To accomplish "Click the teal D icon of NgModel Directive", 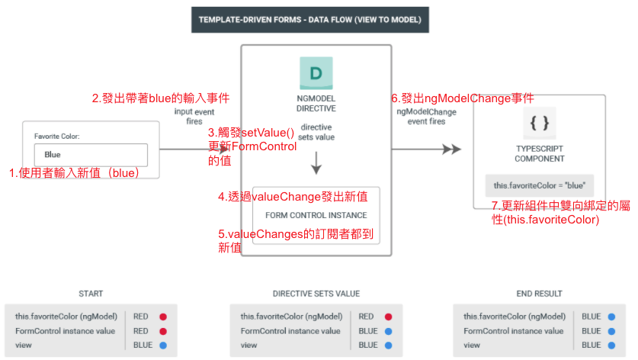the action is coord(316,74).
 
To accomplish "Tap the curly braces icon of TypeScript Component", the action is coord(539,123).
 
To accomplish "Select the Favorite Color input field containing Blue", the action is coord(91,155).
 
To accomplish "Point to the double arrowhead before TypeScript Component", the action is coord(452,149).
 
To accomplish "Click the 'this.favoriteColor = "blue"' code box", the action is coord(539,185).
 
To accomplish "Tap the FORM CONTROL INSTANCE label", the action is coord(316,215).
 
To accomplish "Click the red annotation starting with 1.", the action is coord(75,173).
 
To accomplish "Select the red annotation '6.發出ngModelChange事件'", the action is coord(462,98).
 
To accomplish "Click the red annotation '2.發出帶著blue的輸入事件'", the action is coord(161,98).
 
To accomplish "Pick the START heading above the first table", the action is coord(91,294).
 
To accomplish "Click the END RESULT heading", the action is coord(539,294).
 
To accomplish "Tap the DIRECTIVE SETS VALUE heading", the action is coord(316,294).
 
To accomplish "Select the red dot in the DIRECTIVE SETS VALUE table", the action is coord(388,317).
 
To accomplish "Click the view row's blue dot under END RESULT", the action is coord(612,345).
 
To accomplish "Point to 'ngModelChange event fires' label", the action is coord(426,116).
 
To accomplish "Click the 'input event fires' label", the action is coord(194,116).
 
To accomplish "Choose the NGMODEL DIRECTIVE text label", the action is coord(316,104).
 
